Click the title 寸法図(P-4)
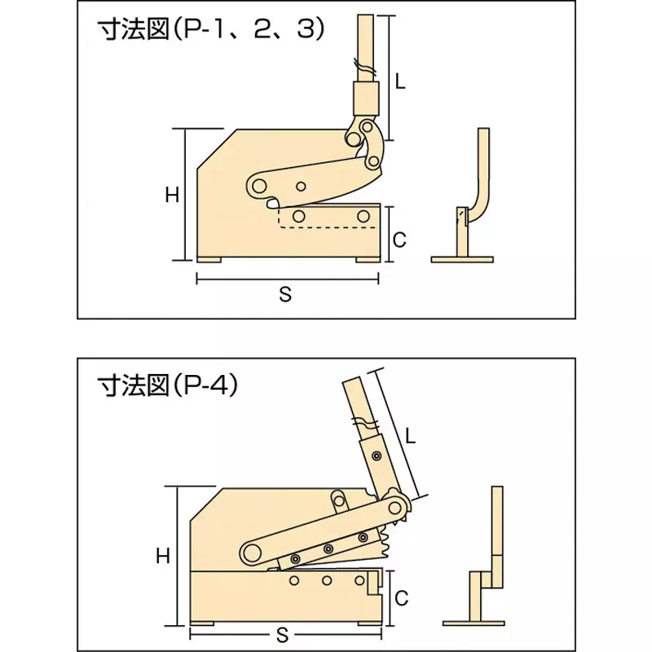pos(167,384)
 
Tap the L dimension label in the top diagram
pos(399,81)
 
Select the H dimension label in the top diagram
pos(171,195)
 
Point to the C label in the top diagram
pos(399,240)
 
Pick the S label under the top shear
pos(285,295)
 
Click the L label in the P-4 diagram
pos(411,436)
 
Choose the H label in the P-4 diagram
pos(163,556)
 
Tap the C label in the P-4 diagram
pos(400,597)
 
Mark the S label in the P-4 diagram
pos(280,633)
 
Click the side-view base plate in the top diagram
pos(462,260)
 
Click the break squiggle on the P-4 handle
pos(364,423)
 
